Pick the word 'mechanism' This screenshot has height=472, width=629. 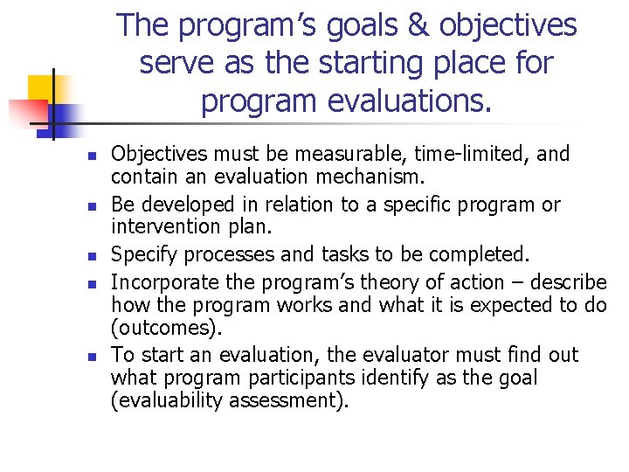pyautogui.click(x=366, y=177)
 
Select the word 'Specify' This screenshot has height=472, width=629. pyautogui.click(x=145, y=255)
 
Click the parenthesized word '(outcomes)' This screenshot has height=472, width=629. pyautogui.click(x=167, y=328)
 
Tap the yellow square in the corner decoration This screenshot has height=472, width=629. pyautogui.click(x=41, y=88)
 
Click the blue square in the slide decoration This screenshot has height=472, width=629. pyautogui.click(x=63, y=114)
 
